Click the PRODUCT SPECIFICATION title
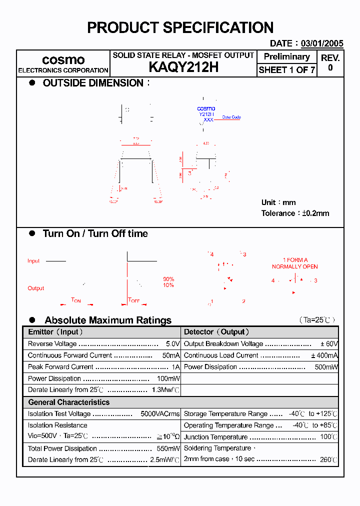pyautogui.click(x=180, y=27)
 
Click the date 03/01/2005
pyautogui.click(x=321, y=43)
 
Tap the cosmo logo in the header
pyautogui.click(x=63, y=60)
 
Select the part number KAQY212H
pyautogui.click(x=183, y=68)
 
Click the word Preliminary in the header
pyautogui.click(x=286, y=56)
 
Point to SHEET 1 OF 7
pyautogui.click(x=286, y=70)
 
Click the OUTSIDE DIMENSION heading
pyautogui.click(x=93, y=83)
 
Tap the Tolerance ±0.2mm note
pyautogui.click(x=295, y=213)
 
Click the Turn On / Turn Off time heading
pyautogui.click(x=95, y=233)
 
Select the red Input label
pyautogui.click(x=33, y=261)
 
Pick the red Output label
pyautogui.click(x=36, y=288)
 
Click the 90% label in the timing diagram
pyautogui.click(x=168, y=279)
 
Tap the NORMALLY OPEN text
pyautogui.click(x=295, y=266)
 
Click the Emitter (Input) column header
pyautogui.click(x=55, y=332)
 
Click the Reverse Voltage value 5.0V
pyautogui.click(x=172, y=344)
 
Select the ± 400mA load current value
pyautogui.click(x=324, y=355)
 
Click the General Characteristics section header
pyautogui.click(x=68, y=402)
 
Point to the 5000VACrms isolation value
pyautogui.click(x=160, y=414)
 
